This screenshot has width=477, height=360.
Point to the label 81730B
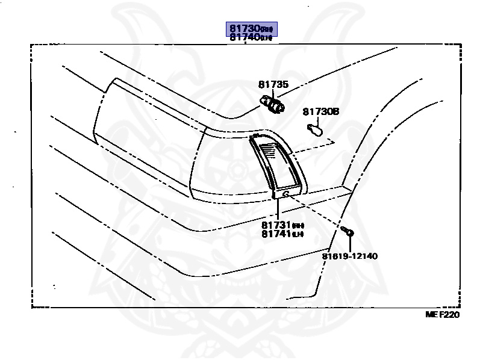(x=321, y=111)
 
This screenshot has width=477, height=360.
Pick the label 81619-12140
(x=349, y=256)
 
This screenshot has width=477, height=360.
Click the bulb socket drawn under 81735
(x=274, y=105)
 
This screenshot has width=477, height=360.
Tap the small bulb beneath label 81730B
(x=314, y=128)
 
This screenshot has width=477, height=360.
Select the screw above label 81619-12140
(x=348, y=232)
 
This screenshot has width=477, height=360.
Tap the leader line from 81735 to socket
(x=274, y=94)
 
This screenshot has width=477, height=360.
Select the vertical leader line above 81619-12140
(x=349, y=243)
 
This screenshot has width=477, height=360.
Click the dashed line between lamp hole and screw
(x=316, y=213)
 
